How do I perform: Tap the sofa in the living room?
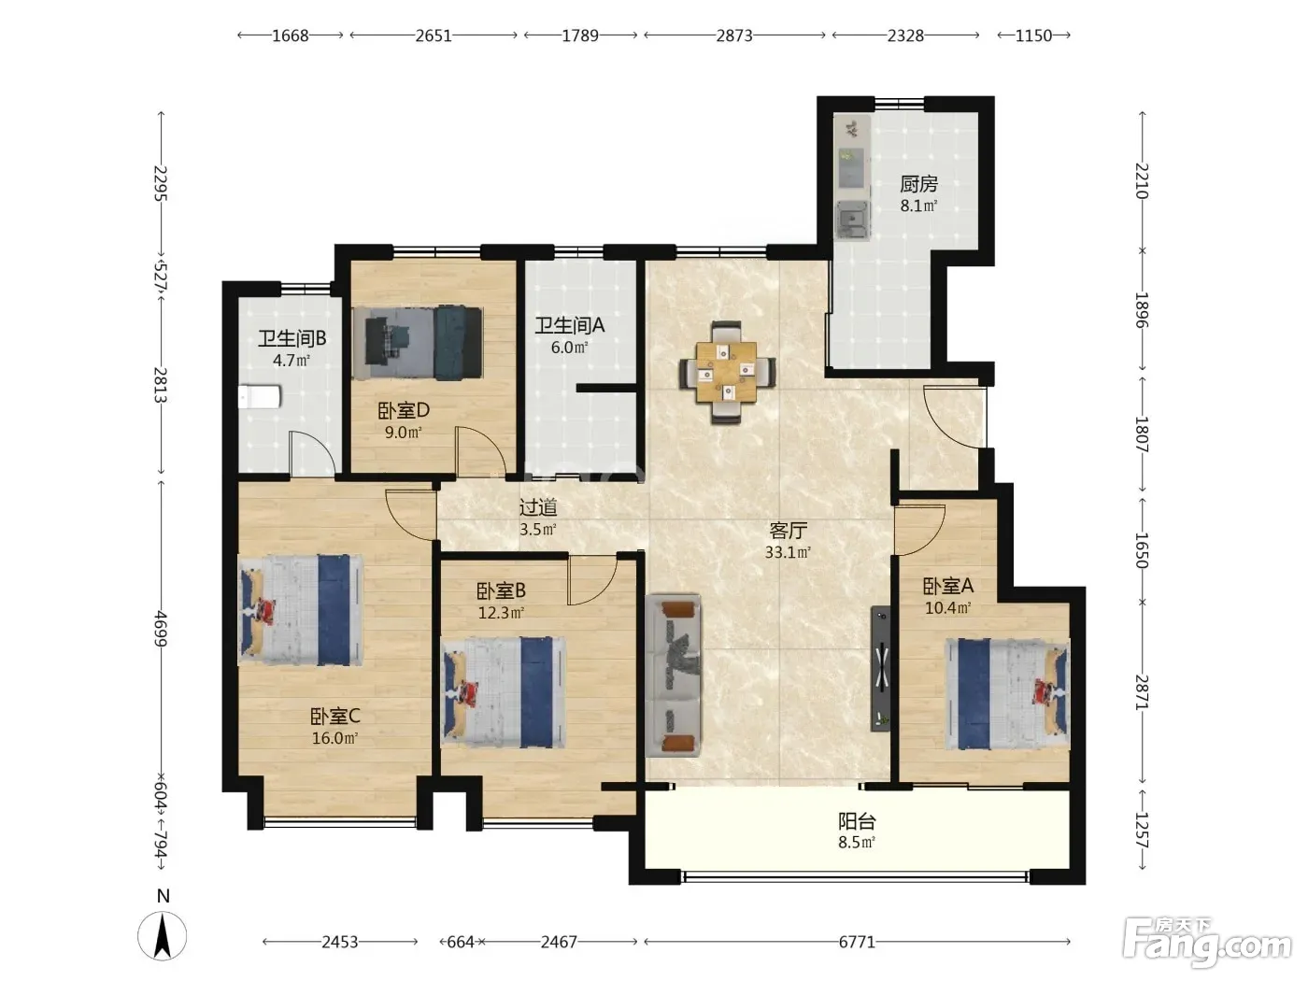674,676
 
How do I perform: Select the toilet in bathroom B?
259,397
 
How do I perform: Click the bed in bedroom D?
417,343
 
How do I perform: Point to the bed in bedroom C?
300,609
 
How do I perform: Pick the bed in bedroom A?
1008,693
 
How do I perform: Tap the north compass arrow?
162,936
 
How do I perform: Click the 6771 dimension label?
857,942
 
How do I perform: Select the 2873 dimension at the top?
734,36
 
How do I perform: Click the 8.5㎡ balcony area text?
857,842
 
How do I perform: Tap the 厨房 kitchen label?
918,184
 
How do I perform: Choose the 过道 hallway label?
538,507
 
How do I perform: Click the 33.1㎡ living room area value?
788,552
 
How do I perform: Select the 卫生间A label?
570,325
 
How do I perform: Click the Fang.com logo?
1207,944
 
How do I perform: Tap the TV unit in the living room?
881,668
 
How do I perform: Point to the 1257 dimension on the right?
1142,830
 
